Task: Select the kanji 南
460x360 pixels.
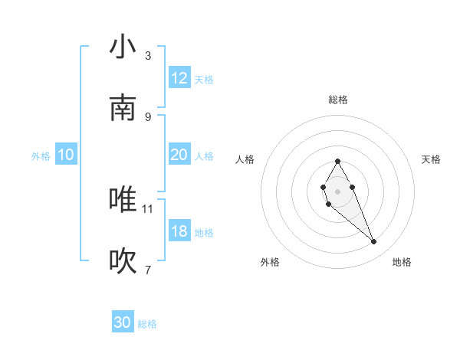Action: tap(123, 108)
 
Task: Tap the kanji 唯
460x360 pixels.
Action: tap(123, 200)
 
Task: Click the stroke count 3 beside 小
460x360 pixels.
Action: tap(148, 56)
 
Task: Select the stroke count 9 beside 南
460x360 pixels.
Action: tap(148, 116)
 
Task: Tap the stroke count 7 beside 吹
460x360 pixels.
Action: tap(148, 270)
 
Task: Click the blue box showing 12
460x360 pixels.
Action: tap(179, 78)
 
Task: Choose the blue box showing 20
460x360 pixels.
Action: tap(179, 155)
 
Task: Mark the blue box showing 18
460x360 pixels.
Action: tap(179, 231)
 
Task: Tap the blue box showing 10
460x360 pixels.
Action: tap(66, 155)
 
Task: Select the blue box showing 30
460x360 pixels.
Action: tap(123, 322)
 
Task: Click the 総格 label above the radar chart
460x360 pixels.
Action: tap(337, 100)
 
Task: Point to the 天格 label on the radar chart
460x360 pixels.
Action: tap(431, 159)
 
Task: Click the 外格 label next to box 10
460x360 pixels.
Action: tap(41, 155)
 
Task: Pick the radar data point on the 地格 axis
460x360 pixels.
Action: tap(374, 241)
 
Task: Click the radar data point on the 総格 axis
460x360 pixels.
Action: tap(337, 161)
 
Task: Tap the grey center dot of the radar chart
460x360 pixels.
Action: tap(337, 191)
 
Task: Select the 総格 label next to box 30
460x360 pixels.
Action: tap(147, 324)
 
